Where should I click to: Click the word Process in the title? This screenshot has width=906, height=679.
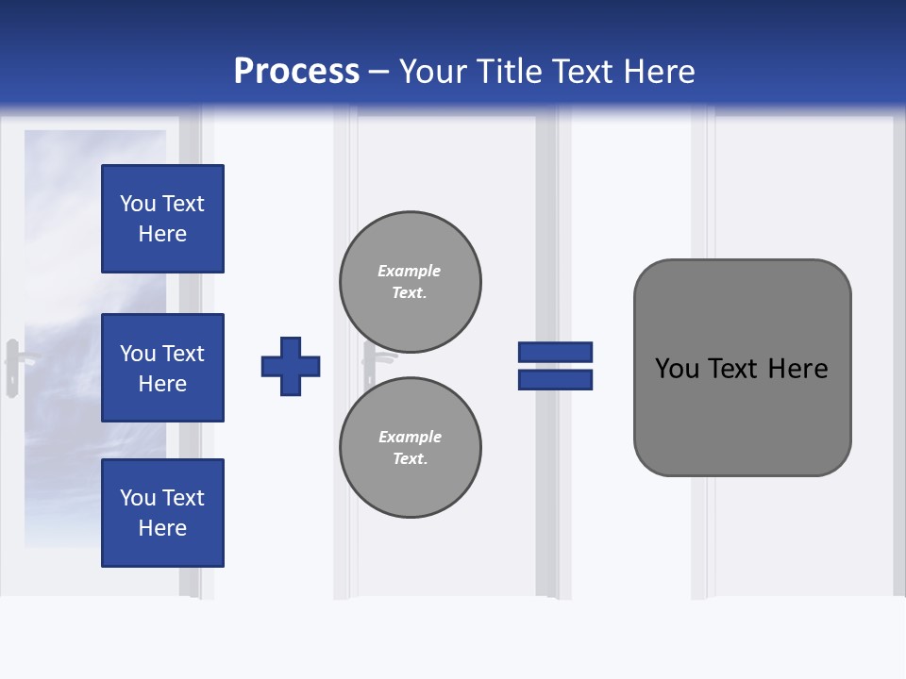(296, 72)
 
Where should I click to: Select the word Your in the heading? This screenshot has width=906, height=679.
(434, 72)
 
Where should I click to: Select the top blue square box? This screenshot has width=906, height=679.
(162, 219)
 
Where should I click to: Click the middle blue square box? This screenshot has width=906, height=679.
(162, 368)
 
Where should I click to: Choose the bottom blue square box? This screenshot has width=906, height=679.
(162, 513)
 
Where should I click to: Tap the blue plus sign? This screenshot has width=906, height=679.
(291, 366)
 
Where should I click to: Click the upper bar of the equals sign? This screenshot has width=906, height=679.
(555, 352)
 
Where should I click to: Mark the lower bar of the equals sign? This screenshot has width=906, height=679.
(555, 380)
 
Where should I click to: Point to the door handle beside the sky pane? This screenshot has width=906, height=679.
(14, 366)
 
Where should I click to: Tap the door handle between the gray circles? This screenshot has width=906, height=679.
(371, 364)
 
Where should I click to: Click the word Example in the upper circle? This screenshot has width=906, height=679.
(409, 271)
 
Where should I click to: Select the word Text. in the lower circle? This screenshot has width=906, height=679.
(410, 458)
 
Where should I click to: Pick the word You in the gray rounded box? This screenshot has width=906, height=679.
(678, 369)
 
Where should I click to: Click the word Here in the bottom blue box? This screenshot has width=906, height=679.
(162, 528)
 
